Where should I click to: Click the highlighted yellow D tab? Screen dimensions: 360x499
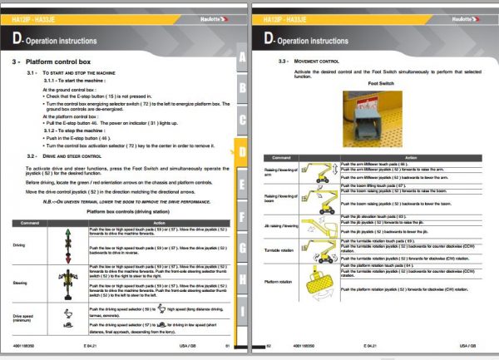[x=241, y=152]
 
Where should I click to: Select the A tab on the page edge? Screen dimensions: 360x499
[x=241, y=57]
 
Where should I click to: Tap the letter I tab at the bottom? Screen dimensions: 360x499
[x=241, y=310]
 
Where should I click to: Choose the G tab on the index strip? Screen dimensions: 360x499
[x=241, y=248]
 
